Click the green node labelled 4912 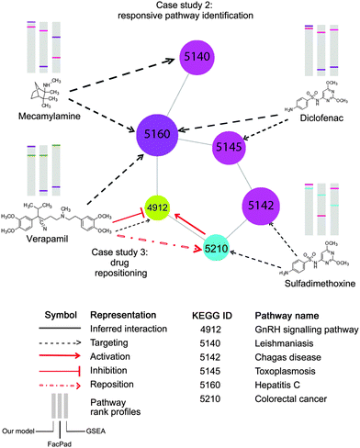pyautogui.click(x=157, y=208)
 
